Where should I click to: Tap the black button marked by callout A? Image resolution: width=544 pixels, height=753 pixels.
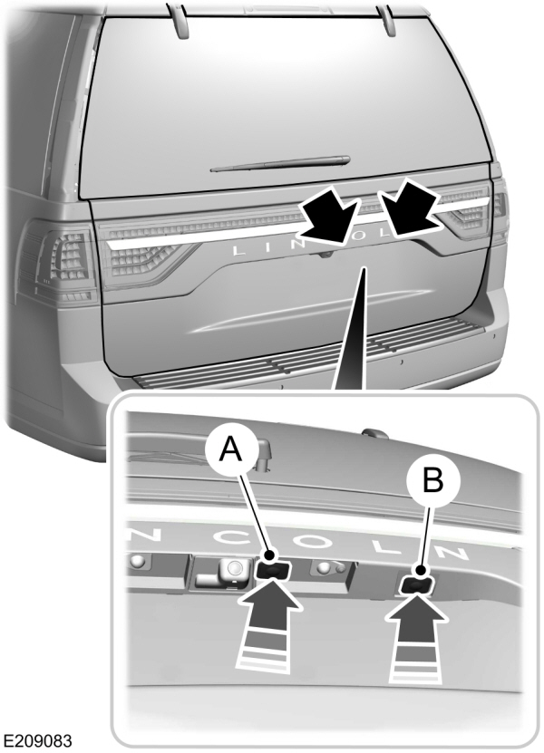[272, 569]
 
